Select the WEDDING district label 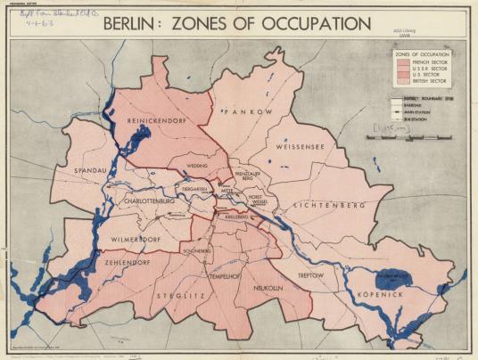pyautogui.click(x=197, y=165)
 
